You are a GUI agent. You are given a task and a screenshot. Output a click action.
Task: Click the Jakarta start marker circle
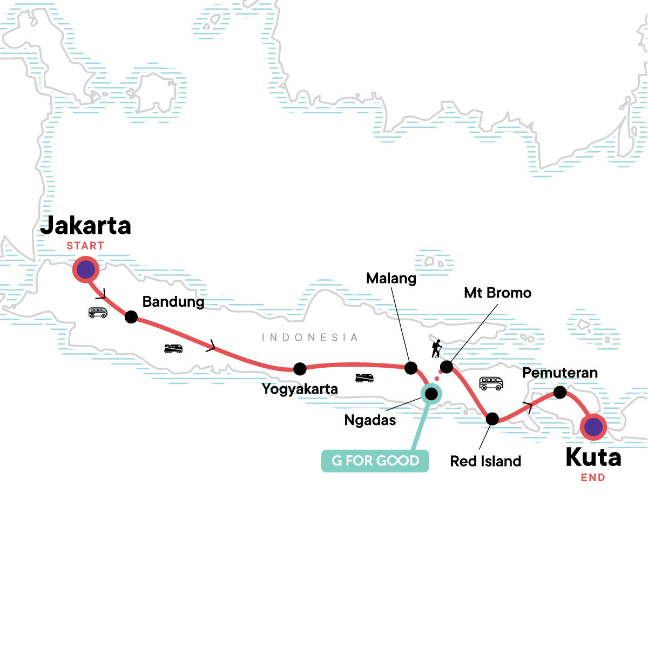tap(86, 269)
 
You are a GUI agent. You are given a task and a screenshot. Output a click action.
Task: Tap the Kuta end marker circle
tap(593, 427)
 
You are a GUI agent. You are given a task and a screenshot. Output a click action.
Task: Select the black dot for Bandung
tap(131, 317)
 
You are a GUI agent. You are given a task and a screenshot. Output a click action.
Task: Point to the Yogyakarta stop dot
tap(300, 369)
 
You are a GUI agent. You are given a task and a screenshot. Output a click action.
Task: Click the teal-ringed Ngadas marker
tap(431, 394)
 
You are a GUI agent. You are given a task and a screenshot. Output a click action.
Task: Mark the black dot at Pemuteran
tap(560, 393)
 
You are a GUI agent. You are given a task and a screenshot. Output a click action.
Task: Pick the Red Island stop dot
tap(492, 418)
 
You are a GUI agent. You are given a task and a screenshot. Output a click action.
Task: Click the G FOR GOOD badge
tap(375, 461)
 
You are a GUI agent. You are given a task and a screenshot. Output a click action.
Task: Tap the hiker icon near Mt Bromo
tap(436, 349)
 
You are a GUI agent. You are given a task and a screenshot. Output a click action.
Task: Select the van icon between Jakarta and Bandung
tap(98, 312)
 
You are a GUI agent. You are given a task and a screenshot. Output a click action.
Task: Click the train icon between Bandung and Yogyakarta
tap(173, 348)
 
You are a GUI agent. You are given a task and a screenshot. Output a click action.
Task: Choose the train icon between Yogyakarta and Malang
tap(364, 378)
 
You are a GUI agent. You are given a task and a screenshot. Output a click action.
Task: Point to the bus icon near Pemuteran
tap(491, 383)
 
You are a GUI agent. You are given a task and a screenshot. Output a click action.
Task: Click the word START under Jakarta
tap(85, 246)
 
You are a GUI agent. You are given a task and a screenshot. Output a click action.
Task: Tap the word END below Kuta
tap(593, 477)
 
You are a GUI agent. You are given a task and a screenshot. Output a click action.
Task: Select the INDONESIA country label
tap(309, 337)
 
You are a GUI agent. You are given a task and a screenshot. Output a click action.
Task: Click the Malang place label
tap(391, 279)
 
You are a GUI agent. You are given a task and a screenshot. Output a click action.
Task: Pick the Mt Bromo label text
tap(498, 293)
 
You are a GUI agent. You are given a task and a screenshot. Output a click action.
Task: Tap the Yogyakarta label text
tap(300, 389)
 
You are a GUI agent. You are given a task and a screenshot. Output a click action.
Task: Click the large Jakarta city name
tap(86, 226)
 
